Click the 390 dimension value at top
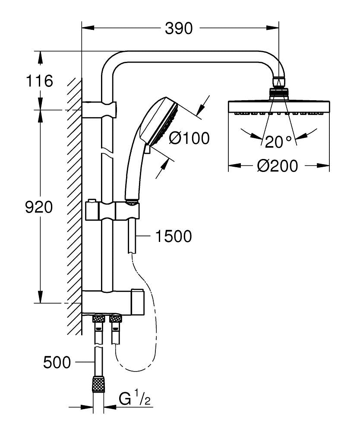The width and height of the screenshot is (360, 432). (x=179, y=29)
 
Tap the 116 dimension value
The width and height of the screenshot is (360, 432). (x=39, y=81)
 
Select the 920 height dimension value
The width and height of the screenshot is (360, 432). (x=39, y=207)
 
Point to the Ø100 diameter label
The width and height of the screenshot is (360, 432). (x=189, y=138)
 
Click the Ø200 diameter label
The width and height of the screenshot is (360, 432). (x=278, y=165)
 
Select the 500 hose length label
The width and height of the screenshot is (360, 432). (x=57, y=362)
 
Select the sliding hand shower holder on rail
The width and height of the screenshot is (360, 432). (x=112, y=211)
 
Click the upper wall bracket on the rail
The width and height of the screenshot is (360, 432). (x=100, y=109)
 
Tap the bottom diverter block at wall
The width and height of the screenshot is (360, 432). (x=112, y=302)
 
